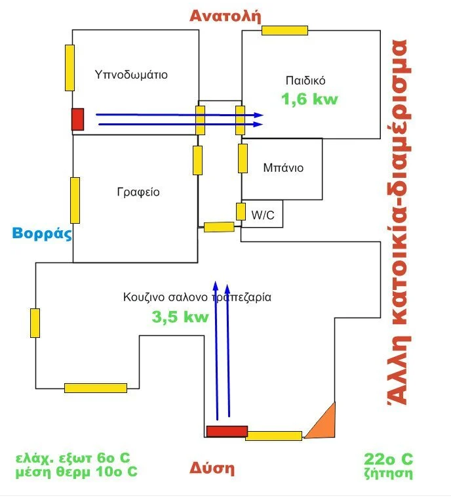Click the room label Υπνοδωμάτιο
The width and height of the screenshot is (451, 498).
[x=131, y=75]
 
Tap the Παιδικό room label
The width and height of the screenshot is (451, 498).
[x=305, y=80]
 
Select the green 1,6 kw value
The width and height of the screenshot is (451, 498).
[x=310, y=99]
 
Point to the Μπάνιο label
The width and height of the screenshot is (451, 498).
[x=283, y=167]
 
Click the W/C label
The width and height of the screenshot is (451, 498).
[x=262, y=215]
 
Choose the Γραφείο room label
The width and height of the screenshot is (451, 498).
[x=138, y=192]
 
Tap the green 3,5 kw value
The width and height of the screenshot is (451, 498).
[x=180, y=317]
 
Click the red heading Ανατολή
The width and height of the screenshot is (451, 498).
[x=226, y=16]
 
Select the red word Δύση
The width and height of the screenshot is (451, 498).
[x=212, y=468]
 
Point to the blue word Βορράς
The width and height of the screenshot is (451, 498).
[x=42, y=234]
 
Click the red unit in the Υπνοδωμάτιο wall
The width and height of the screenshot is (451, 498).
[x=78, y=119]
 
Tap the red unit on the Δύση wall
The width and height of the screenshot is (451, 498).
[x=227, y=431]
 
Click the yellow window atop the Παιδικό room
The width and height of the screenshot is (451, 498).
[x=284, y=30]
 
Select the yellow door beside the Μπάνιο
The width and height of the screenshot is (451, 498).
[x=243, y=158]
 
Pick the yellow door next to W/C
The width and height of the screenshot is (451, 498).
[x=241, y=211]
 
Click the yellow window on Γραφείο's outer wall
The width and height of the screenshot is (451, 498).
[x=75, y=200]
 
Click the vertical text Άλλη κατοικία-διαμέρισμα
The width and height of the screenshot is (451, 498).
[x=399, y=222]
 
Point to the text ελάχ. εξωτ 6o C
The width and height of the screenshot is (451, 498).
[x=73, y=458]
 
